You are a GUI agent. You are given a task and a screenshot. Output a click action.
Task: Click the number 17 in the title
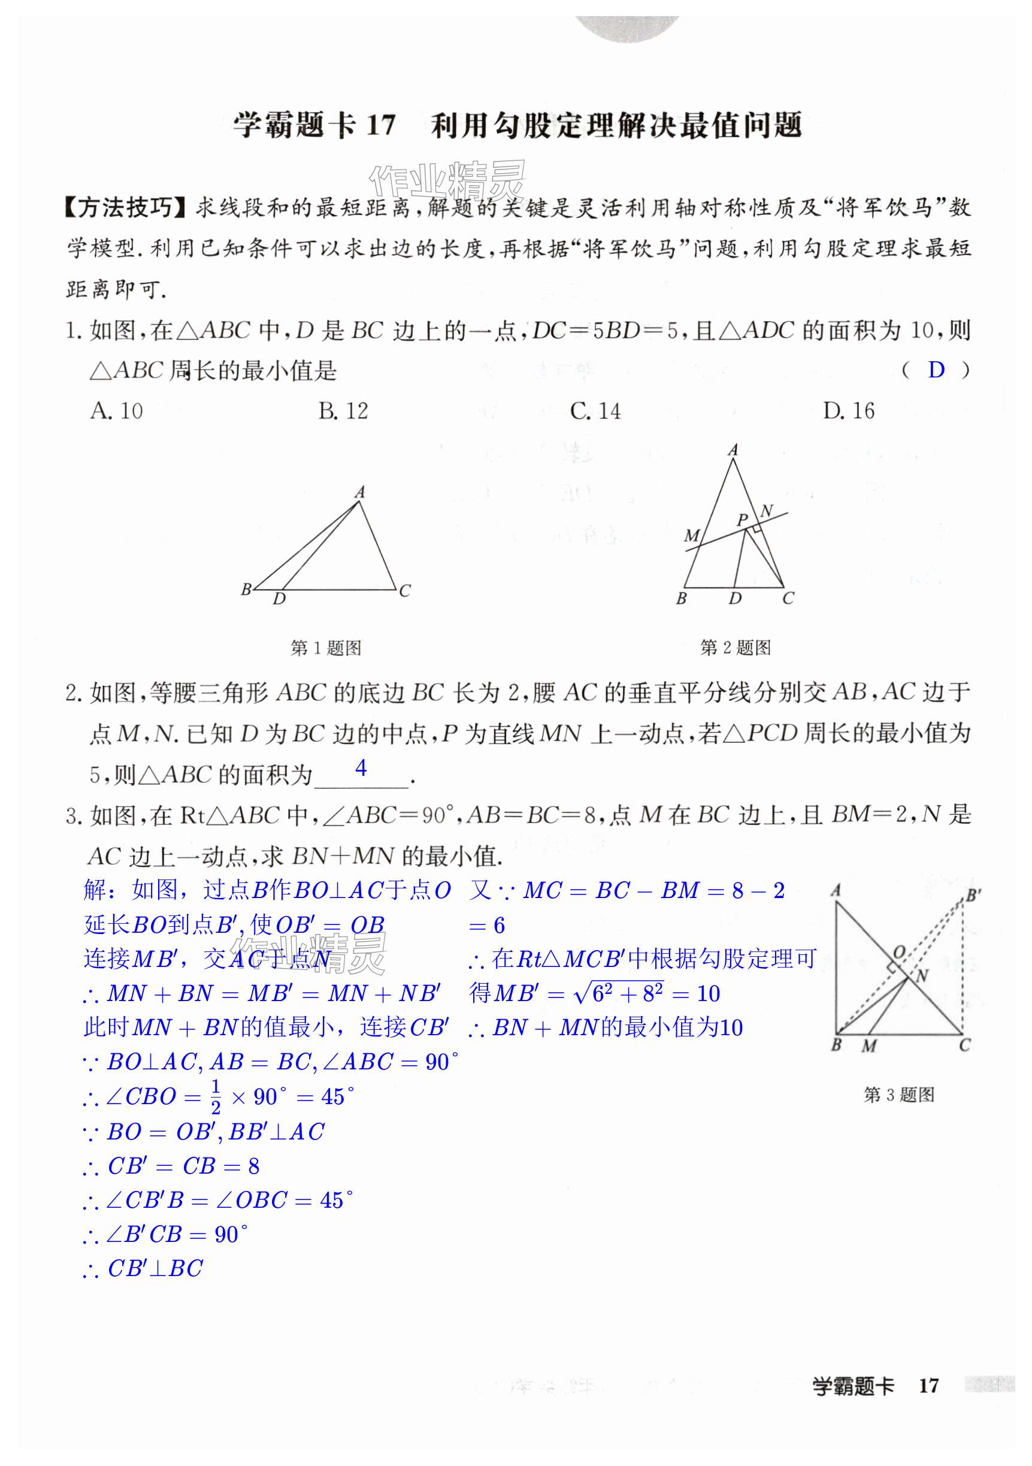(x=381, y=125)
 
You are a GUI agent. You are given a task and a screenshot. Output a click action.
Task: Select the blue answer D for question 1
(x=935, y=370)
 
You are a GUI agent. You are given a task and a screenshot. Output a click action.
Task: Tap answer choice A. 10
(x=117, y=411)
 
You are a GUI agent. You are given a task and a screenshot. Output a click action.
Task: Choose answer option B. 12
(x=343, y=411)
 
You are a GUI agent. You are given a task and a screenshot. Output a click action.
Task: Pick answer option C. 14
(x=595, y=411)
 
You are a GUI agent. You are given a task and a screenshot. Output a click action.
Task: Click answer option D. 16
(x=848, y=411)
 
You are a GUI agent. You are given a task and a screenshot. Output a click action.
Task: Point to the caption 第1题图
(x=325, y=648)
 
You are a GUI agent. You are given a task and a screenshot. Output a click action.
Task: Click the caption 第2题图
(x=736, y=648)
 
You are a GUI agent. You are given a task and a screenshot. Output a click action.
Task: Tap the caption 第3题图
(x=898, y=1095)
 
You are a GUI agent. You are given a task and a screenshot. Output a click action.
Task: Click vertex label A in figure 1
(x=360, y=492)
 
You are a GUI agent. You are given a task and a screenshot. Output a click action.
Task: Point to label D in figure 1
(x=280, y=599)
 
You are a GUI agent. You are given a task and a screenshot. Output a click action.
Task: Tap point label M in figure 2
(x=691, y=535)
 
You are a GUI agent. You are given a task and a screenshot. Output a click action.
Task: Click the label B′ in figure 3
(x=973, y=895)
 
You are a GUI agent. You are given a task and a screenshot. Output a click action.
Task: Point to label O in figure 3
(x=899, y=952)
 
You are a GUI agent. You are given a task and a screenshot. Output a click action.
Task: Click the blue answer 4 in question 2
(x=361, y=767)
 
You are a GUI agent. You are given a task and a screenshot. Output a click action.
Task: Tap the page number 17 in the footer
(x=928, y=1386)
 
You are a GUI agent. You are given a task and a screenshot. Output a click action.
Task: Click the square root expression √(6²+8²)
(x=619, y=993)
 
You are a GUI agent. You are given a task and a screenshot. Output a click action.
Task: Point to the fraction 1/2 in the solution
(x=216, y=1097)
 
